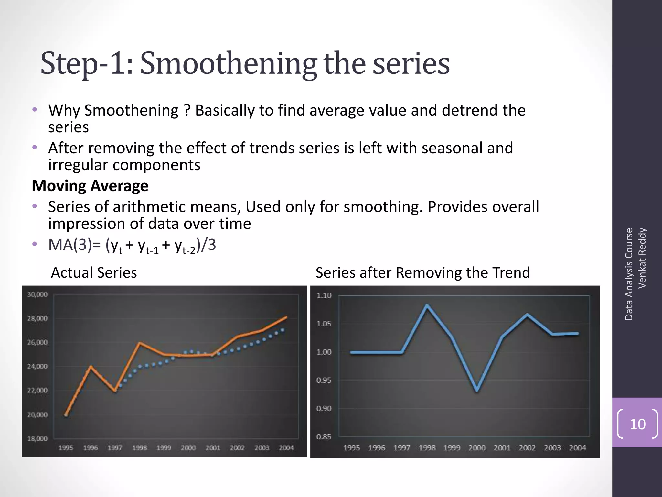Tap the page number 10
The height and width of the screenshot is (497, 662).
pos(637,424)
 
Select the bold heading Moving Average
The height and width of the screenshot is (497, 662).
pos(90,186)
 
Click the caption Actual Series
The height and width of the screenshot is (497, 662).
pos(94,272)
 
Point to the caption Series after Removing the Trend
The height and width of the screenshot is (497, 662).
pos(423,272)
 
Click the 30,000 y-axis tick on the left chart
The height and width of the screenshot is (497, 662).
pos(37,294)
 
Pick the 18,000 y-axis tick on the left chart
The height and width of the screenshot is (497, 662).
pos(37,439)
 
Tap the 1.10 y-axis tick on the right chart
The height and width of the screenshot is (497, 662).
pos(324,295)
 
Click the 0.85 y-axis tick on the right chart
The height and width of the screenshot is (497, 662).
pos(324,437)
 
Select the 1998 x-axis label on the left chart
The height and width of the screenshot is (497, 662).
pos(139,448)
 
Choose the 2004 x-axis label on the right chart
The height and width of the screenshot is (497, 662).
pos(577,448)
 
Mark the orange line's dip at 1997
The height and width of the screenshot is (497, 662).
pos(115,391)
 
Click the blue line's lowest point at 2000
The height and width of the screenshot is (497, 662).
pos(477,390)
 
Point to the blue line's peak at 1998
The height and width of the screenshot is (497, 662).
pos(427,305)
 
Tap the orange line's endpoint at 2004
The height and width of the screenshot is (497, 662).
pos(286,317)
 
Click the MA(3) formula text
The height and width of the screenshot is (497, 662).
pos(132,245)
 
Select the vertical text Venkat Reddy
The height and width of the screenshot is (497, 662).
pos(642,258)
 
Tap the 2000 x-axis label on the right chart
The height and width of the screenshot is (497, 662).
pos(477,448)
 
